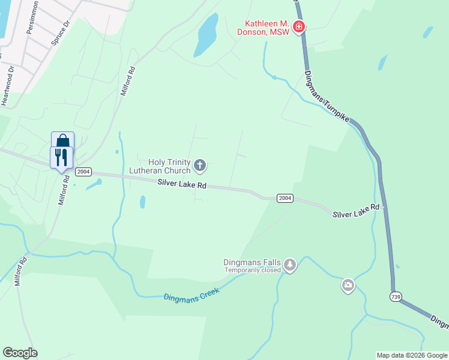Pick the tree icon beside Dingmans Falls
coord(290,265)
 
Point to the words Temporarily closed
coord(253,270)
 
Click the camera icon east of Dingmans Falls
coord(348,286)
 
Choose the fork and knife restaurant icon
coord(61,157)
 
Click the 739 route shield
coord(394,296)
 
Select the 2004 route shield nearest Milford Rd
coord(83,172)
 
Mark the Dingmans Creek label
coord(191,294)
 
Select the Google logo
coord(20,353)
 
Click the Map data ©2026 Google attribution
coord(412,355)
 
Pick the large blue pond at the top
coord(206,34)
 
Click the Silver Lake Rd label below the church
coord(182,184)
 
